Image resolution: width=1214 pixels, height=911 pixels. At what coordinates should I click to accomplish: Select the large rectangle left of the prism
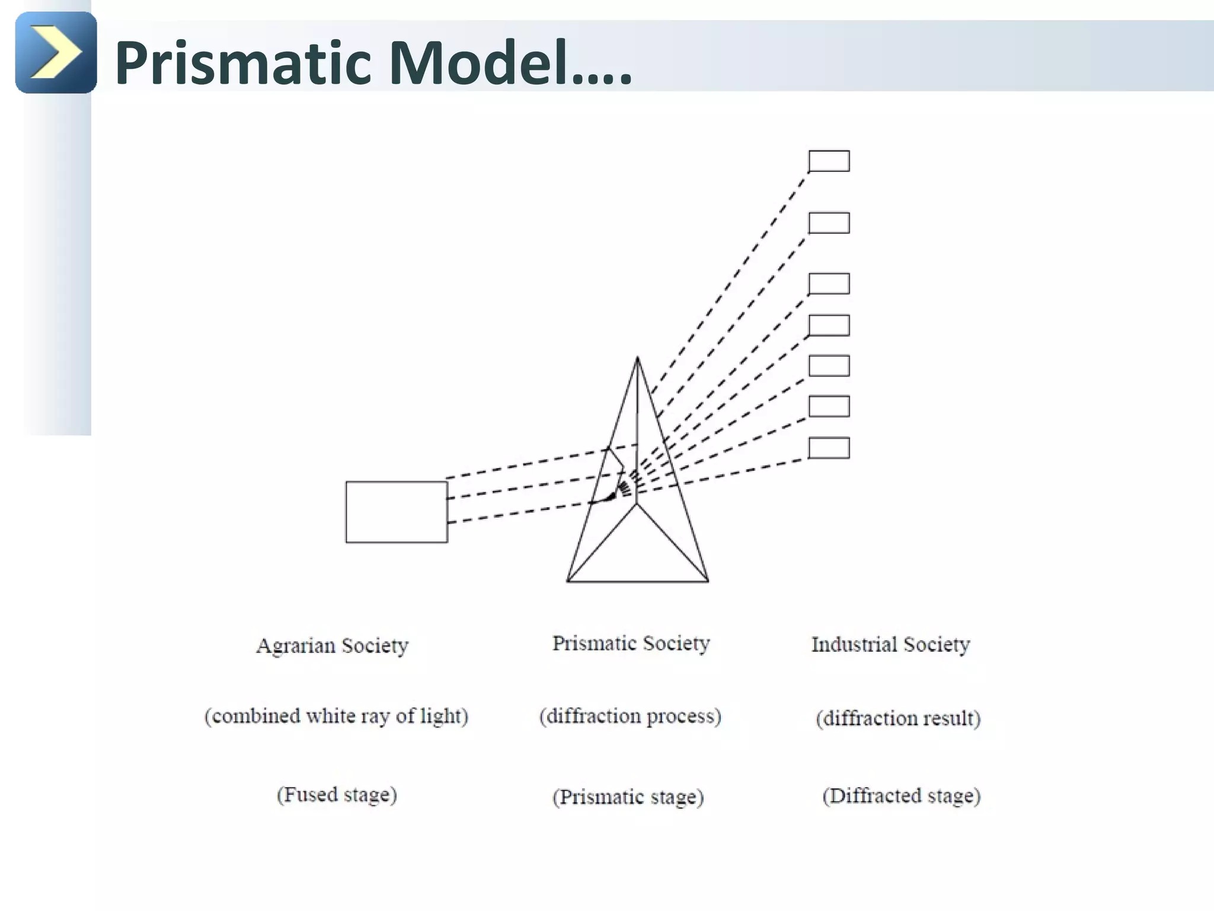(x=397, y=512)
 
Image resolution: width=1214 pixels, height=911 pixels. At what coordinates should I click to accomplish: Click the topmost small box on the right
(x=829, y=161)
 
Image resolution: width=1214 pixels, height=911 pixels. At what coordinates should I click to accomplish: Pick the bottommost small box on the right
(x=829, y=448)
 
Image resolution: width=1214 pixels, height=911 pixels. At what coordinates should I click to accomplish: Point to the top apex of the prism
(x=637, y=358)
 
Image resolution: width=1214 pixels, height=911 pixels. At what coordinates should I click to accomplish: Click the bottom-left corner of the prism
(x=568, y=581)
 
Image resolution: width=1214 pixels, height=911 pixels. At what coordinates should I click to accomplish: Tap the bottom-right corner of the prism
(x=708, y=581)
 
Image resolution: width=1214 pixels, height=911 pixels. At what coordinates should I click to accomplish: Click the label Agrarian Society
(x=332, y=646)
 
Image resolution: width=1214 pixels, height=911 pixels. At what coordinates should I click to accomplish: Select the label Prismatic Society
(x=631, y=644)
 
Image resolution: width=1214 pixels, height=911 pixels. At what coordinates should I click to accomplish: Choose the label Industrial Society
(x=890, y=645)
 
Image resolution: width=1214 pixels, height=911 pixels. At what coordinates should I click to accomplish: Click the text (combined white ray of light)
(x=336, y=716)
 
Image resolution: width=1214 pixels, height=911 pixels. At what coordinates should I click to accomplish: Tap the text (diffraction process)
(x=630, y=716)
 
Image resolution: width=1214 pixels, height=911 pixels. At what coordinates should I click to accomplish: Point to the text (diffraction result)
(x=898, y=718)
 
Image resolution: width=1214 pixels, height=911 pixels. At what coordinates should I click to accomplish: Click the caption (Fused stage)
(x=337, y=795)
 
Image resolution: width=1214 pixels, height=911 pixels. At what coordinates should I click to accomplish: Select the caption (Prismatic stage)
(x=628, y=797)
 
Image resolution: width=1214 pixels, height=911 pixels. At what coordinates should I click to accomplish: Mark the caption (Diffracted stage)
(x=901, y=795)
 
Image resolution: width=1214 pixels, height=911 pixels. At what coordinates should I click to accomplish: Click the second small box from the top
(x=829, y=223)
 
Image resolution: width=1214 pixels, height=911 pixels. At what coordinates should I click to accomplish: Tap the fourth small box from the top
(x=829, y=326)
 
